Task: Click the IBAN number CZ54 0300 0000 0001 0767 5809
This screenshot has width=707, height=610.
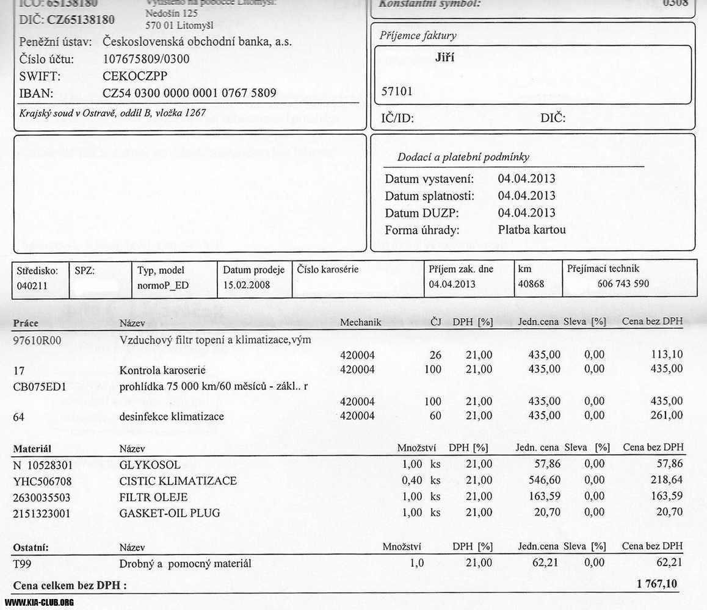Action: coord(190,93)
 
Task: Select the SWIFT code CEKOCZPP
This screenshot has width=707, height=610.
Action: coord(135,76)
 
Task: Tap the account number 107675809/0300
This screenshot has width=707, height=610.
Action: coord(147,59)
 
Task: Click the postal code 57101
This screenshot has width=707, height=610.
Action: coord(397,91)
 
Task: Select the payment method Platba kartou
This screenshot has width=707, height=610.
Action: coord(532,230)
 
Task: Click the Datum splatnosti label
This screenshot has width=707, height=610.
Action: coord(429,196)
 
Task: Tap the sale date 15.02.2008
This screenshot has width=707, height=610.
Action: coord(246,285)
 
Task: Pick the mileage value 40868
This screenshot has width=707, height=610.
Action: coord(531,284)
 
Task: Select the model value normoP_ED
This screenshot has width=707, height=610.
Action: coord(163,285)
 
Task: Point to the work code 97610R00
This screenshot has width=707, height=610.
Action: coord(37,340)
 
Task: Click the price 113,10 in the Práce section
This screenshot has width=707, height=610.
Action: coord(667,354)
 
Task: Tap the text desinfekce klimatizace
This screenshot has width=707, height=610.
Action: coord(172,417)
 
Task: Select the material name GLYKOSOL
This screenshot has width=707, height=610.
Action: coord(150,465)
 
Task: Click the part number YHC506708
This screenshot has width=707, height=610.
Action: coord(42,481)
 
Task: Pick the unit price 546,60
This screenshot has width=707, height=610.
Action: coord(543,480)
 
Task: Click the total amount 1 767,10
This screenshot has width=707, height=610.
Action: coord(657,584)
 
